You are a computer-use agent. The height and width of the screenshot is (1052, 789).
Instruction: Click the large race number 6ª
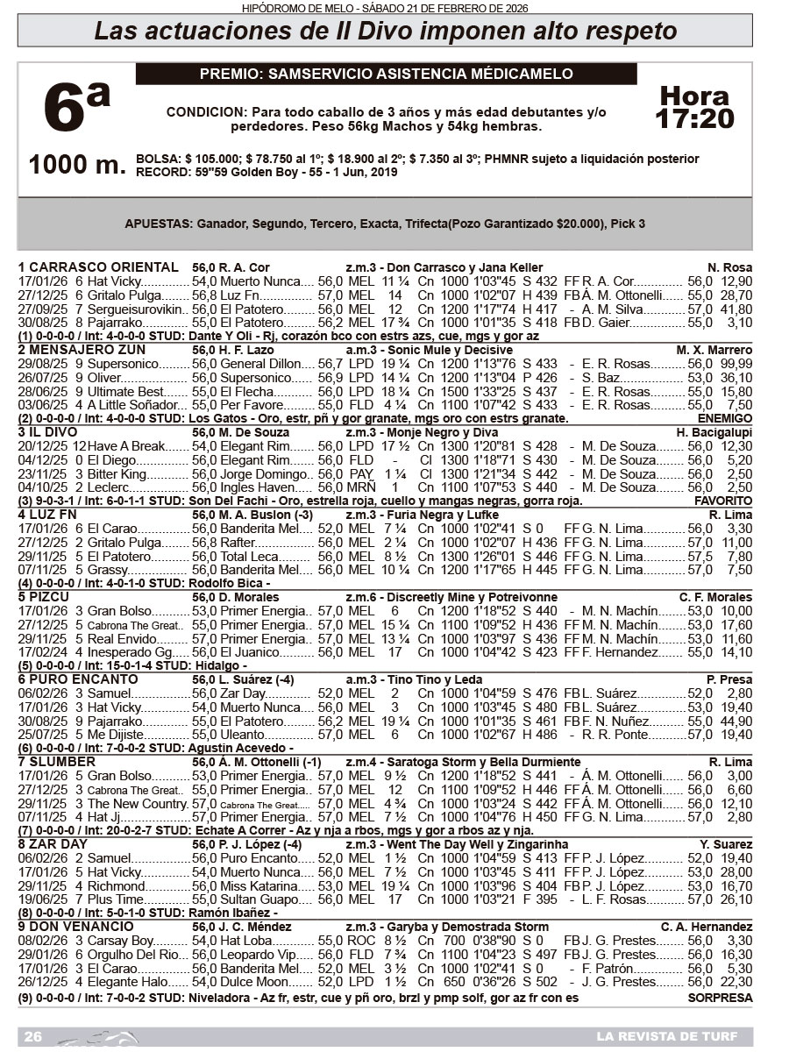[x=77, y=110]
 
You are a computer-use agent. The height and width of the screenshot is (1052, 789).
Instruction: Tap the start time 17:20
[x=695, y=118]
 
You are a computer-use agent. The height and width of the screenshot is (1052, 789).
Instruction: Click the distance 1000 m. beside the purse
[x=77, y=165]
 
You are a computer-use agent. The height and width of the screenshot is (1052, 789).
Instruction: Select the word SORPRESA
[x=721, y=998]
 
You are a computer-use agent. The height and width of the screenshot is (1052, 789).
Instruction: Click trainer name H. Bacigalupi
[x=714, y=432]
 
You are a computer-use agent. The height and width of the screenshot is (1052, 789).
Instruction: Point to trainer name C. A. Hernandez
[x=707, y=927]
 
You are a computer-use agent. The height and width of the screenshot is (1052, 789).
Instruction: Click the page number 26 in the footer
[x=33, y=1036]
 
